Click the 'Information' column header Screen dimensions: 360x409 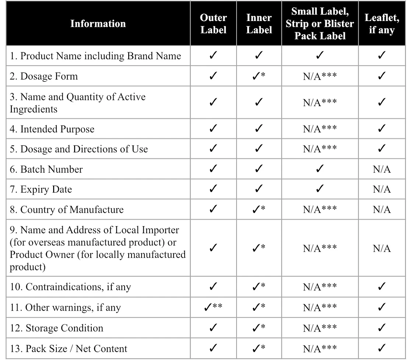tap(98, 24)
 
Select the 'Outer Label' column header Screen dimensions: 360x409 tap(213, 24)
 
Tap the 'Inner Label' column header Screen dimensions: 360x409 tap(259, 24)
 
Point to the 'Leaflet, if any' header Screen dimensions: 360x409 tap(381, 24)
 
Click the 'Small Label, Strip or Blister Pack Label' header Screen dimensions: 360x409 tap(320, 24)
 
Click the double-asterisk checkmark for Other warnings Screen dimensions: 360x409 tap(213, 307)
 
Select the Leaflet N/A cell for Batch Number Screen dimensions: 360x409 tap(381, 169)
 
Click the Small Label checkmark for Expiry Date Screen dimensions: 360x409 tap(320, 189)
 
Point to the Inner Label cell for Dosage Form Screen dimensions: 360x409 tap(259, 76)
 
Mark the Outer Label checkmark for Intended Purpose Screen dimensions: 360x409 tap(213, 129)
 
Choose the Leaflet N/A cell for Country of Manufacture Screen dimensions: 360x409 tap(381, 210)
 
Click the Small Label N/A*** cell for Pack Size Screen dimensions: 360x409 tap(320, 349)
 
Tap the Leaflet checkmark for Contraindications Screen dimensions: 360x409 tap(381, 287)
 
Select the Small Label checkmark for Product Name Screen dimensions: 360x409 tap(320, 56)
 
